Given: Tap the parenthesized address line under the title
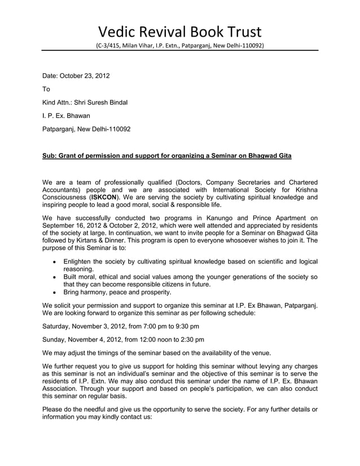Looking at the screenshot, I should pos(179,45).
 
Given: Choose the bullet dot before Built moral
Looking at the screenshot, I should pos(54,278).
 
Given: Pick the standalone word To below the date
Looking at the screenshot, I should pos(47,89).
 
